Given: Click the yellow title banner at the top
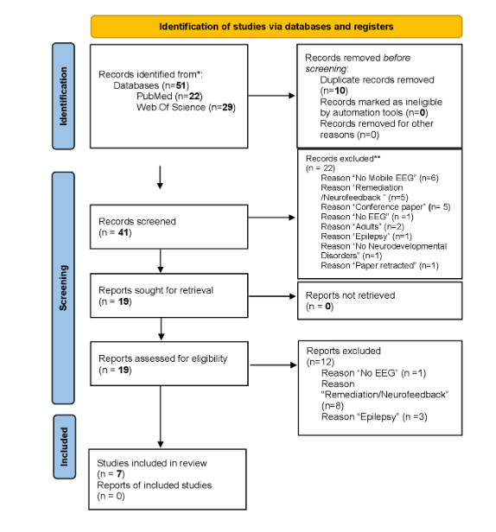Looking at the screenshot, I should tap(276, 26).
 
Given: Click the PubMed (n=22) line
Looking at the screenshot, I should tap(153, 97).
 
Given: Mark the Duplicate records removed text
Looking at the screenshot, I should tap(360, 79).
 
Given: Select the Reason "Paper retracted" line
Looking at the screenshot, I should tap(372, 264).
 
